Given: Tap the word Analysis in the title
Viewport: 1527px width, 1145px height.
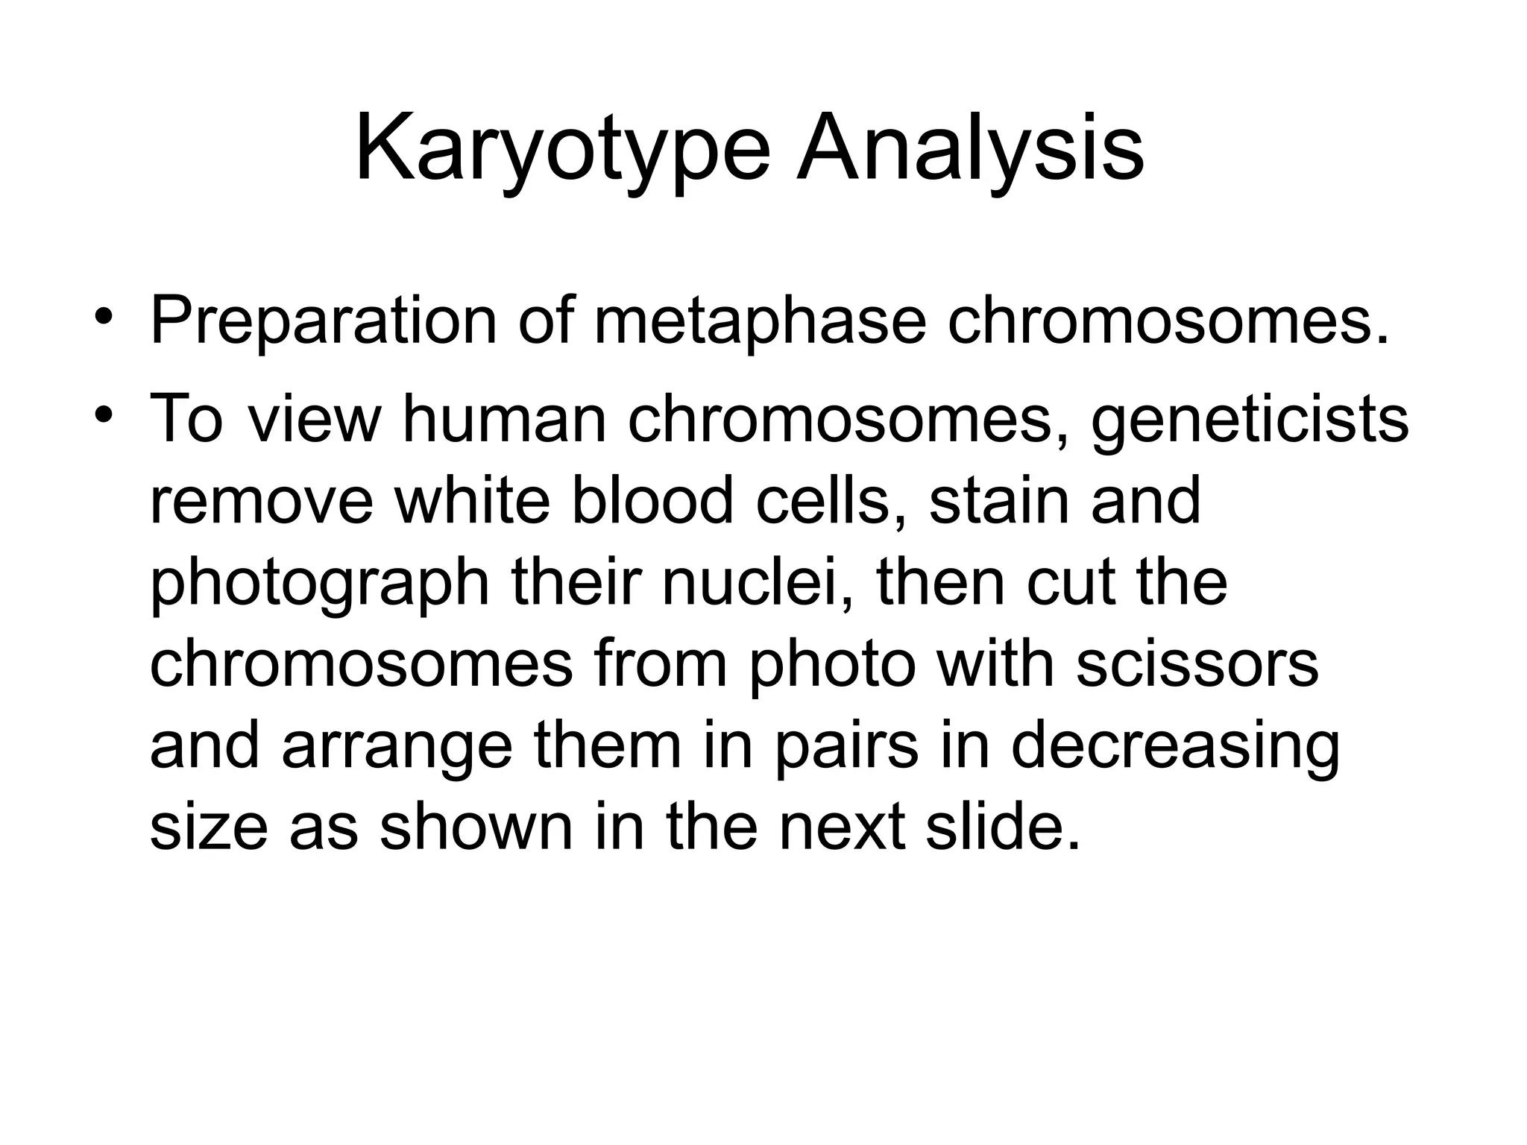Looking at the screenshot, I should click(970, 149).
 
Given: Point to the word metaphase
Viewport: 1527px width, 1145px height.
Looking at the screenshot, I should click(760, 323).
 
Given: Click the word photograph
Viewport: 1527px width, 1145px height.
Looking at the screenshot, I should click(320, 584).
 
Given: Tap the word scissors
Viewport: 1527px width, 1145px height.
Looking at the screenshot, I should click(1197, 664).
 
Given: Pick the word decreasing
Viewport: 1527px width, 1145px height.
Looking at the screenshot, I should click(1175, 748).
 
